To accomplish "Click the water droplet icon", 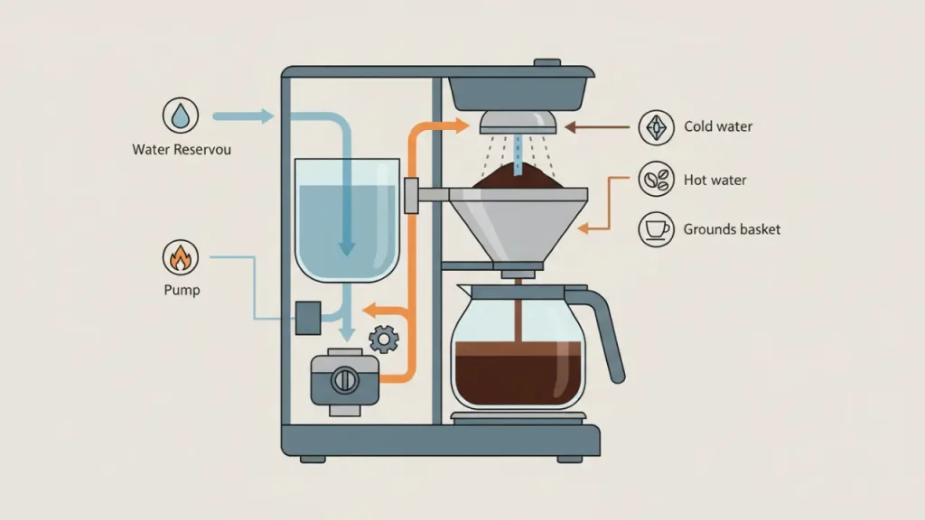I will tap(182, 116).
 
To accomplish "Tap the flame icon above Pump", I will tap(181, 258).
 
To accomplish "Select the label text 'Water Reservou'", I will tap(182, 149).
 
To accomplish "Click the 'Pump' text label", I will tap(182, 291).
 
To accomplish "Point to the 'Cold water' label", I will tap(718, 127).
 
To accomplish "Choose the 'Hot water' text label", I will tap(715, 180).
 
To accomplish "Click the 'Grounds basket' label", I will tap(732, 229).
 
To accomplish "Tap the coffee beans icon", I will tap(656, 180).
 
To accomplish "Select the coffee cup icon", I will tap(656, 229).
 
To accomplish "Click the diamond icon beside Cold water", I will tap(656, 128).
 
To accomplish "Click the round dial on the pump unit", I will tap(343, 381).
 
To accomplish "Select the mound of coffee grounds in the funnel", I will tap(518, 179).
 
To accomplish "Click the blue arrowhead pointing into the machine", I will tap(266, 116).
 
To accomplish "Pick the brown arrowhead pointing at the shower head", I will tap(571, 127).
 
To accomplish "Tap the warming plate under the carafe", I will tap(519, 418).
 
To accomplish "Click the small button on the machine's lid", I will tap(547, 63).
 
